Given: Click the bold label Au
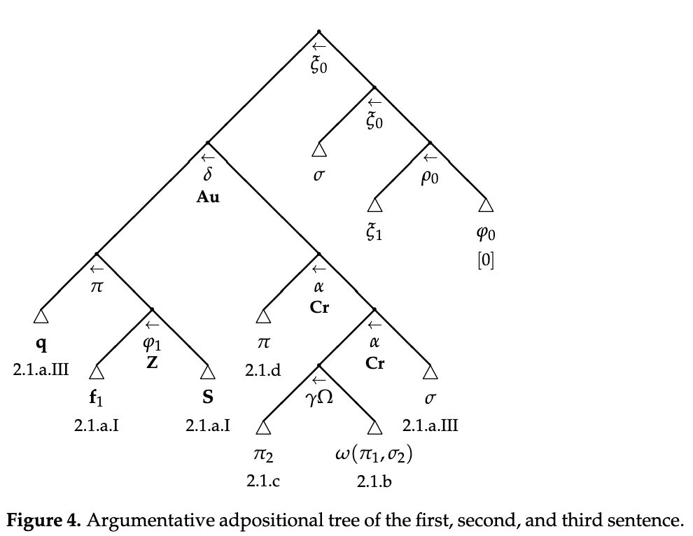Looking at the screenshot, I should click(208, 197).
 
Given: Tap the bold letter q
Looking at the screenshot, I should click(41, 346).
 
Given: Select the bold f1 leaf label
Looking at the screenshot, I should click(97, 399).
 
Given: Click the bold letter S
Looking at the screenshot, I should click(208, 398).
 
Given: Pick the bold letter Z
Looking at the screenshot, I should click(152, 363).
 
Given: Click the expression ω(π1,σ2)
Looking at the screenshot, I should click(374, 457).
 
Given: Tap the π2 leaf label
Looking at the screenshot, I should click(263, 457).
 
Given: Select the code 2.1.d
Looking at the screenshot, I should click(263, 369).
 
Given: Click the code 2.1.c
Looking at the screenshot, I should click(263, 481).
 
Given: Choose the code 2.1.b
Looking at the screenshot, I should click(374, 481).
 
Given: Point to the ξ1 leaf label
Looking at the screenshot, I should click(374, 234).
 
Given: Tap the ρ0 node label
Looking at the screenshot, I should click(430, 178).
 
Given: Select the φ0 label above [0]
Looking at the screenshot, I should click(486, 234).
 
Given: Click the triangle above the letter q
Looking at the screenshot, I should click(41, 317).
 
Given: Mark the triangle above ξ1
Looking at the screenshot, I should click(374, 204).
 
